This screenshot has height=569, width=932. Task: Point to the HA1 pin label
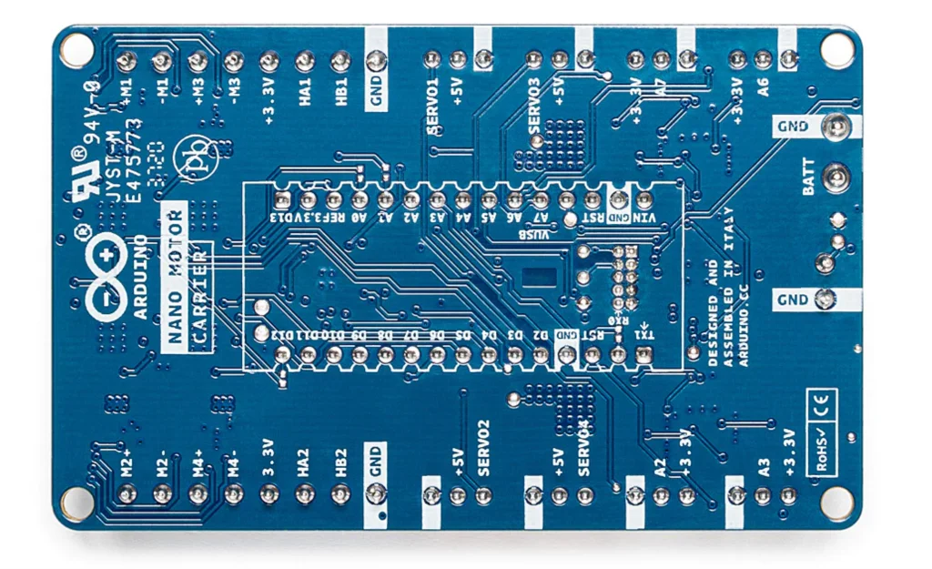click(305, 93)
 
